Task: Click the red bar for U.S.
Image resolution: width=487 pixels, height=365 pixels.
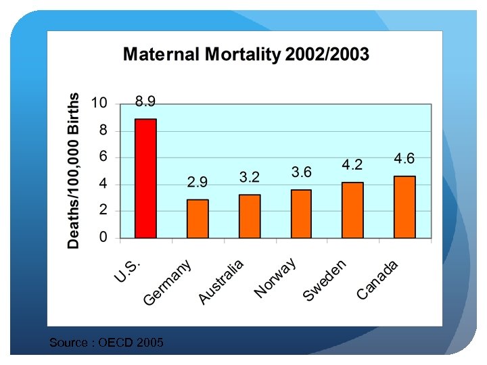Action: (x=145, y=178)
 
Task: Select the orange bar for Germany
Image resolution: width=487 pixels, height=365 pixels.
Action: (x=198, y=218)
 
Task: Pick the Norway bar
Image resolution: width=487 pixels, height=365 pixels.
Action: (x=301, y=214)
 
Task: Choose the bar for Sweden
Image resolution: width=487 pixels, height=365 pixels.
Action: (x=352, y=210)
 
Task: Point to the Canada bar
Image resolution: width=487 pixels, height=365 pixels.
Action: (x=404, y=207)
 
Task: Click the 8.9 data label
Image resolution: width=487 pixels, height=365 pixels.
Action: (x=145, y=101)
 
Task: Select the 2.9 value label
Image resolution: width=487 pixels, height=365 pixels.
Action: (x=198, y=182)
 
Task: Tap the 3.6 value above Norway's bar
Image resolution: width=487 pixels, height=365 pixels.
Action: (x=301, y=172)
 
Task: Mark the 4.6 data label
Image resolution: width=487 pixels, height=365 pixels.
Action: (x=404, y=158)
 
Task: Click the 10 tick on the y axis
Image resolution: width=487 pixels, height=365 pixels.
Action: (x=99, y=103)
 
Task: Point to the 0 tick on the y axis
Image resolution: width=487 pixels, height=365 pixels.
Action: (x=103, y=237)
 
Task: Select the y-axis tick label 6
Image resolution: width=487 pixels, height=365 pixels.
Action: (x=103, y=156)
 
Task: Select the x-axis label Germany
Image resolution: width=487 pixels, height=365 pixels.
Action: (x=168, y=282)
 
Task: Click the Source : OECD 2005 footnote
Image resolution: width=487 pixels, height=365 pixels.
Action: (x=106, y=343)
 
